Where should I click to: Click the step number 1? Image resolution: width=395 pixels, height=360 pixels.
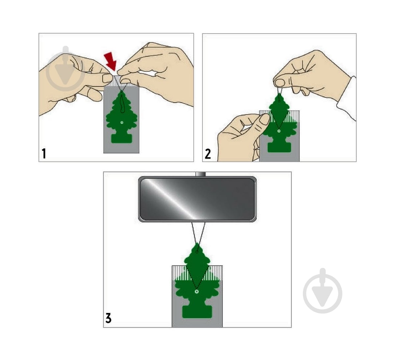[x=44, y=153]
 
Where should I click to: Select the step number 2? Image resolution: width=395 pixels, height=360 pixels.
[x=208, y=154]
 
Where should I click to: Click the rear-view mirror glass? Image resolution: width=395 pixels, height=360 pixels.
[x=197, y=199]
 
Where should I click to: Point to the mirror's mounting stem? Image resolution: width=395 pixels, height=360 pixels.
[x=201, y=174]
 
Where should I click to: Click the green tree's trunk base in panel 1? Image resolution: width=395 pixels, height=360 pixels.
[x=121, y=138]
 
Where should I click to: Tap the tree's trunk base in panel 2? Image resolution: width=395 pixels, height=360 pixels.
[x=279, y=147]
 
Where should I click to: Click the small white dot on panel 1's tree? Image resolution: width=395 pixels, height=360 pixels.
[x=122, y=122]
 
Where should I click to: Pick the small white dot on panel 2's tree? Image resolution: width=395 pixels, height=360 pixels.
[x=279, y=131]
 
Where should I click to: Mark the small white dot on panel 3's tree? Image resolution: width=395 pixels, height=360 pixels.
[x=196, y=292]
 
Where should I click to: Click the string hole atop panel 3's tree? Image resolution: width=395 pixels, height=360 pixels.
[x=197, y=251]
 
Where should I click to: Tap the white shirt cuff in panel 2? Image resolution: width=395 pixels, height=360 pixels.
[x=347, y=98]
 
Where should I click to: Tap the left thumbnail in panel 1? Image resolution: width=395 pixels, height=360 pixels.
[x=107, y=78]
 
